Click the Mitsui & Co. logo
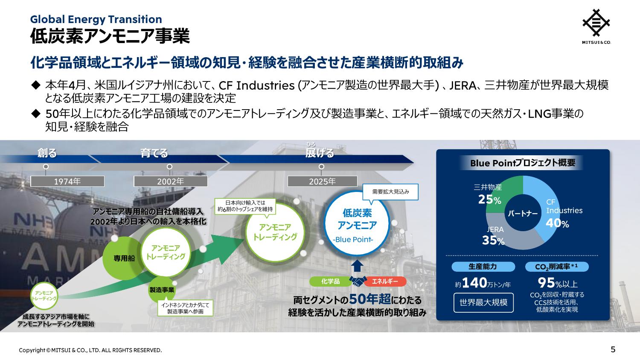click(596, 26)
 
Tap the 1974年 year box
click(67, 181)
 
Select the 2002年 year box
click(171, 181)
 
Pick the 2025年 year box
click(322, 181)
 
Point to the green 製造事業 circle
click(161, 290)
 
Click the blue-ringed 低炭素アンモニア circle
click(357, 223)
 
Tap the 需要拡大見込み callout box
click(390, 192)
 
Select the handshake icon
click(358, 281)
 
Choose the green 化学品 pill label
click(331, 282)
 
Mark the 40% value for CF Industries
click(557, 223)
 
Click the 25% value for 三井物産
click(490, 200)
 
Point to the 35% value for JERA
click(493, 240)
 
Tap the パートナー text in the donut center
click(523, 213)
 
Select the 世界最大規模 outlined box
click(483, 302)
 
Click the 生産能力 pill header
click(483, 267)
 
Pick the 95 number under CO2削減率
click(546, 283)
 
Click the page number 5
click(613, 349)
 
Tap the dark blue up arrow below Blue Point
click(357, 266)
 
